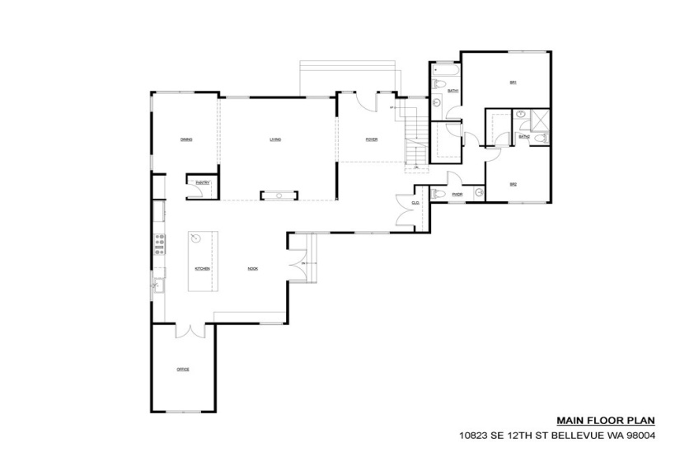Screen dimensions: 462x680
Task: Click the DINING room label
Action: tap(186, 139)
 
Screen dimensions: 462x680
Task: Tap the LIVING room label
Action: tap(275, 139)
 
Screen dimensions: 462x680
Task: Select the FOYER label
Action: tap(372, 139)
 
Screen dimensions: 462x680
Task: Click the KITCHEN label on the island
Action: tap(202, 269)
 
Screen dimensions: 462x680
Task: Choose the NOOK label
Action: tap(254, 269)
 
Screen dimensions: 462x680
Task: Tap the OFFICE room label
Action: tap(183, 369)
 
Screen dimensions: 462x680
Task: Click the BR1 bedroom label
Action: tap(513, 82)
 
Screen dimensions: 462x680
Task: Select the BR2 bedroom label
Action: tap(513, 184)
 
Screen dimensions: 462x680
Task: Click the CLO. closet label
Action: tap(415, 202)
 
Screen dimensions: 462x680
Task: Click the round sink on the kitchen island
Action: tap(196, 239)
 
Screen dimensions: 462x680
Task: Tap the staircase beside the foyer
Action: tap(415, 136)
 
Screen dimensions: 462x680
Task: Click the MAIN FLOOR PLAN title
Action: tap(591, 419)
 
